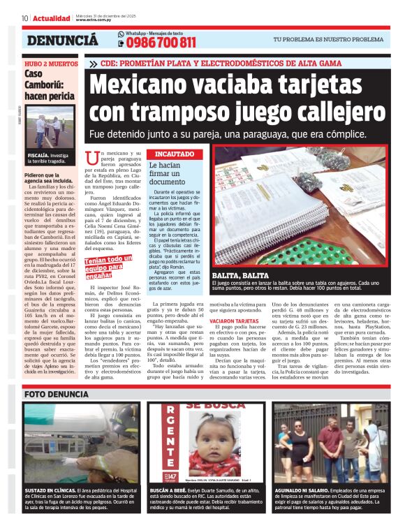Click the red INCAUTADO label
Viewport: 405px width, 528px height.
[x=175, y=153]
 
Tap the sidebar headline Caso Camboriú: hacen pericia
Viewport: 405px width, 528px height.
[x=49, y=85]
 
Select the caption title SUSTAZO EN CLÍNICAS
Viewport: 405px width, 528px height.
[x=52, y=490]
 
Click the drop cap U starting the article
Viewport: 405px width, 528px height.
[x=89, y=158]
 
